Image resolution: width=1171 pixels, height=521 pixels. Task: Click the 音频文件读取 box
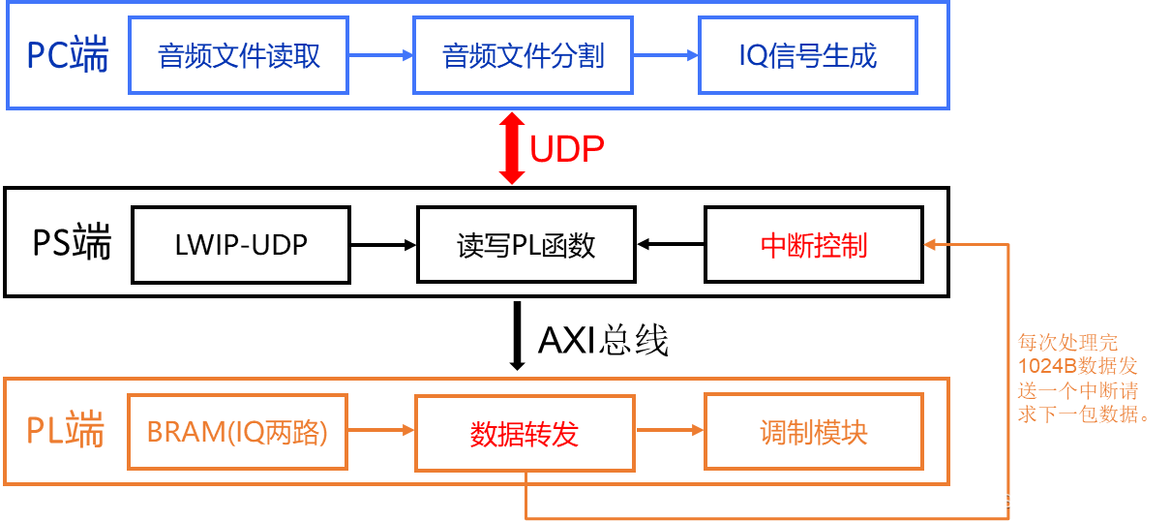click(239, 56)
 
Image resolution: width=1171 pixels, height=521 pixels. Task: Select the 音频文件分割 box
click(524, 56)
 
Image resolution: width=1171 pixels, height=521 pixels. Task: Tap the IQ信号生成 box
click(807, 56)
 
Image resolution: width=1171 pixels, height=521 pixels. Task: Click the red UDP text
click(566, 149)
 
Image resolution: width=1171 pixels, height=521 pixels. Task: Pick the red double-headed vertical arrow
click(511, 148)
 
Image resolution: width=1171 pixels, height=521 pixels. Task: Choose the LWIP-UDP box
click(241, 245)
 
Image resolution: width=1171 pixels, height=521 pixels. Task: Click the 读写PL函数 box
click(526, 245)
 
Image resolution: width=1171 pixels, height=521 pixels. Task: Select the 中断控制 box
click(814, 245)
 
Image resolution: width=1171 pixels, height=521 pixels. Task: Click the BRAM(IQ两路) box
click(238, 432)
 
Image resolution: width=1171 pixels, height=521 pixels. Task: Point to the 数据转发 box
click(525, 433)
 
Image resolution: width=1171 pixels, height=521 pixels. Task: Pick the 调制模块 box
click(814, 432)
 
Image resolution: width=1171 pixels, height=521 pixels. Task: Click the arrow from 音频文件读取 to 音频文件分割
click(380, 56)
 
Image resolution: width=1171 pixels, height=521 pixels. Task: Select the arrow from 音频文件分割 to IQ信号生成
click(666, 56)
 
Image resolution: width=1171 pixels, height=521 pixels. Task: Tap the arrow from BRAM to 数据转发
click(381, 432)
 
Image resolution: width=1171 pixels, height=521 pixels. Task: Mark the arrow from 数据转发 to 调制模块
click(670, 432)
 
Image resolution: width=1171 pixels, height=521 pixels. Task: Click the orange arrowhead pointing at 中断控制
click(930, 245)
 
